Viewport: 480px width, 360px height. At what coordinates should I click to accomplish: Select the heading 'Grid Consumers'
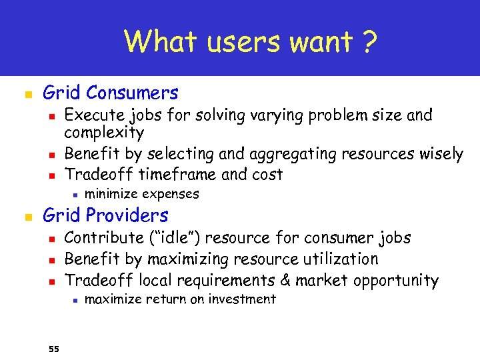click(111, 93)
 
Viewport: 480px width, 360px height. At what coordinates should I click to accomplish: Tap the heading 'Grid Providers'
click(105, 215)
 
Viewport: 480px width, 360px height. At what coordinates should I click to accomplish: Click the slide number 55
click(54, 348)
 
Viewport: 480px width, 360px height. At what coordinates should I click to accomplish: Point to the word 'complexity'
click(104, 133)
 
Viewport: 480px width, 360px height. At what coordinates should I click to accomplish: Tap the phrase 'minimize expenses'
click(142, 194)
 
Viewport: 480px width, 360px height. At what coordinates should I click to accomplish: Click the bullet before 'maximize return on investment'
click(77, 300)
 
